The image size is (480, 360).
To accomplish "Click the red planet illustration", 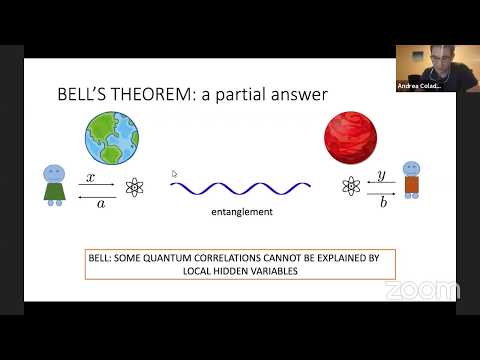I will pyautogui.click(x=350, y=137).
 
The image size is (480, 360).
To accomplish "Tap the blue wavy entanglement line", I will pyautogui.click(x=240, y=186).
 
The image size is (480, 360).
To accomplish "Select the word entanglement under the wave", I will pyautogui.click(x=240, y=212).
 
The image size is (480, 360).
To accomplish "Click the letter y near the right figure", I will pyautogui.click(x=381, y=176).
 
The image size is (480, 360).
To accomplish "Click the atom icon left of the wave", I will pyautogui.click(x=135, y=187).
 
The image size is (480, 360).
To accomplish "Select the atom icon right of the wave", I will pyautogui.click(x=350, y=186).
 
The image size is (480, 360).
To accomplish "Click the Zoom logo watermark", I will pyautogui.click(x=422, y=290).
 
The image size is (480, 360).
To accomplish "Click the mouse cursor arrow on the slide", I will pyautogui.click(x=174, y=173).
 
